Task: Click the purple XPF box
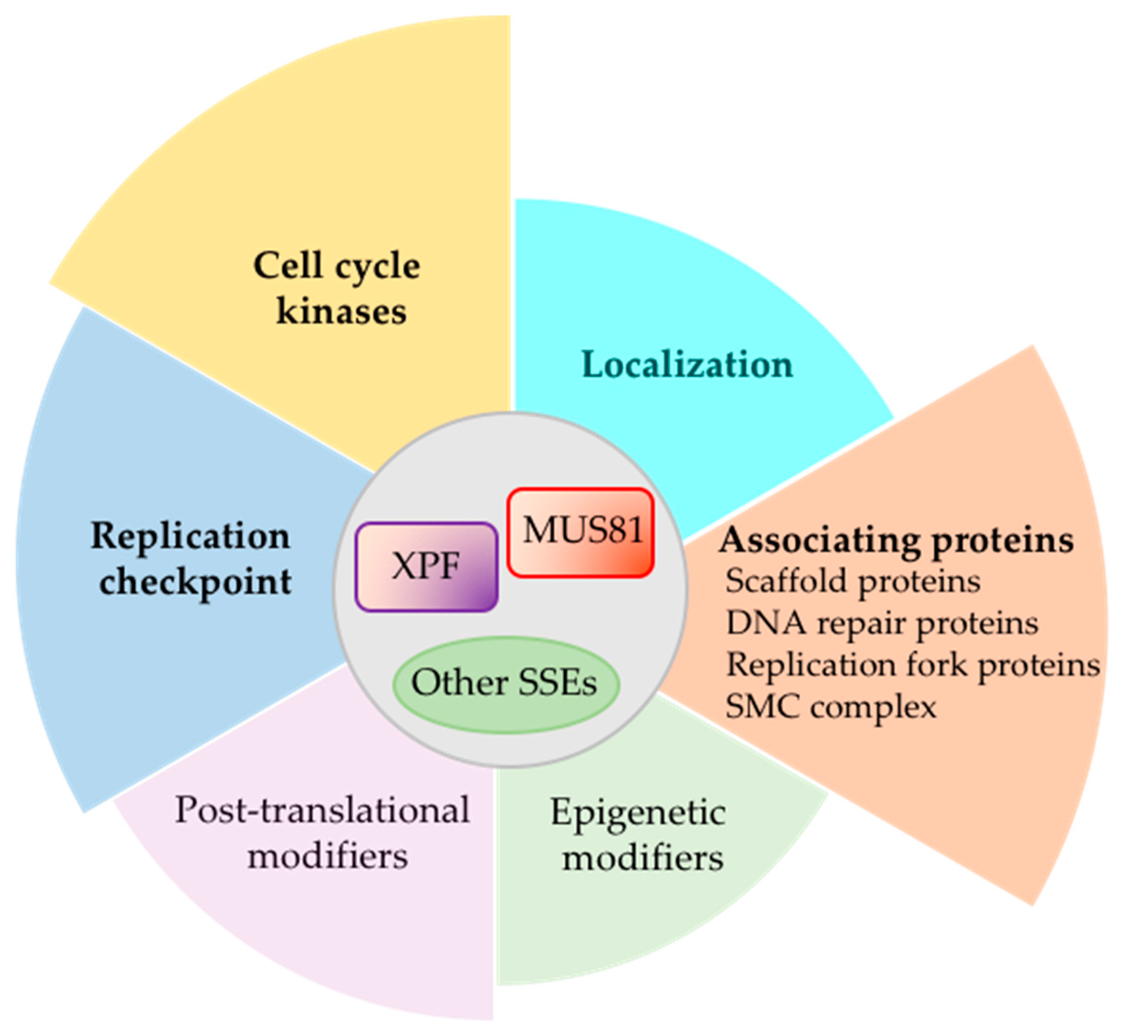(426, 566)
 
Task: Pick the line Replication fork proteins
(912, 665)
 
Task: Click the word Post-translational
(322, 810)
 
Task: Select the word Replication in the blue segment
(191, 537)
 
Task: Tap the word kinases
(341, 311)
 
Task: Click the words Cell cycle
(336, 266)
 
